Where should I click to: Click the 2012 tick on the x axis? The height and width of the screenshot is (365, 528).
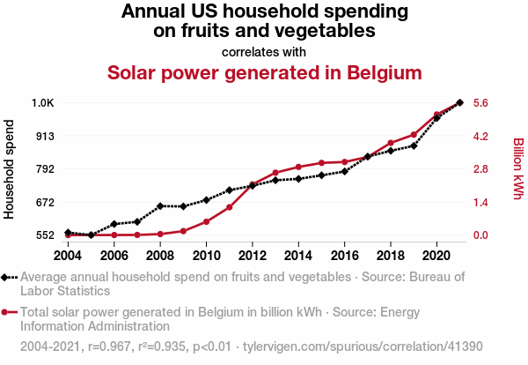click(252, 255)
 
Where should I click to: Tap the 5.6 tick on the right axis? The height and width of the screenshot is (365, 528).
click(480, 103)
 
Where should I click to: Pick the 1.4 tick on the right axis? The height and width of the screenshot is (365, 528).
click(480, 202)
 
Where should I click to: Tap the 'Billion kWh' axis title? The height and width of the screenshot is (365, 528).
click(517, 168)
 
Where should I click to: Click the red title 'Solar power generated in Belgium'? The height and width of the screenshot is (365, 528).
click(264, 72)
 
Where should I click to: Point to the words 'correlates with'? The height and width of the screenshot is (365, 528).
click(264, 51)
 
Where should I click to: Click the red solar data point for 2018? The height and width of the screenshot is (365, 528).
click(391, 143)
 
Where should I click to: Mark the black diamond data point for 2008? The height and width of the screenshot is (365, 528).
click(160, 206)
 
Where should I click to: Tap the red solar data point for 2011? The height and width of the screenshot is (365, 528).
click(229, 207)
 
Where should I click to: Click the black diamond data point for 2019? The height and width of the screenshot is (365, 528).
click(414, 145)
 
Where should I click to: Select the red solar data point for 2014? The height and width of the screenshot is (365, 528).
click(298, 167)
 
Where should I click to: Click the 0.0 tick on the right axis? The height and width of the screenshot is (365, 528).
click(480, 235)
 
